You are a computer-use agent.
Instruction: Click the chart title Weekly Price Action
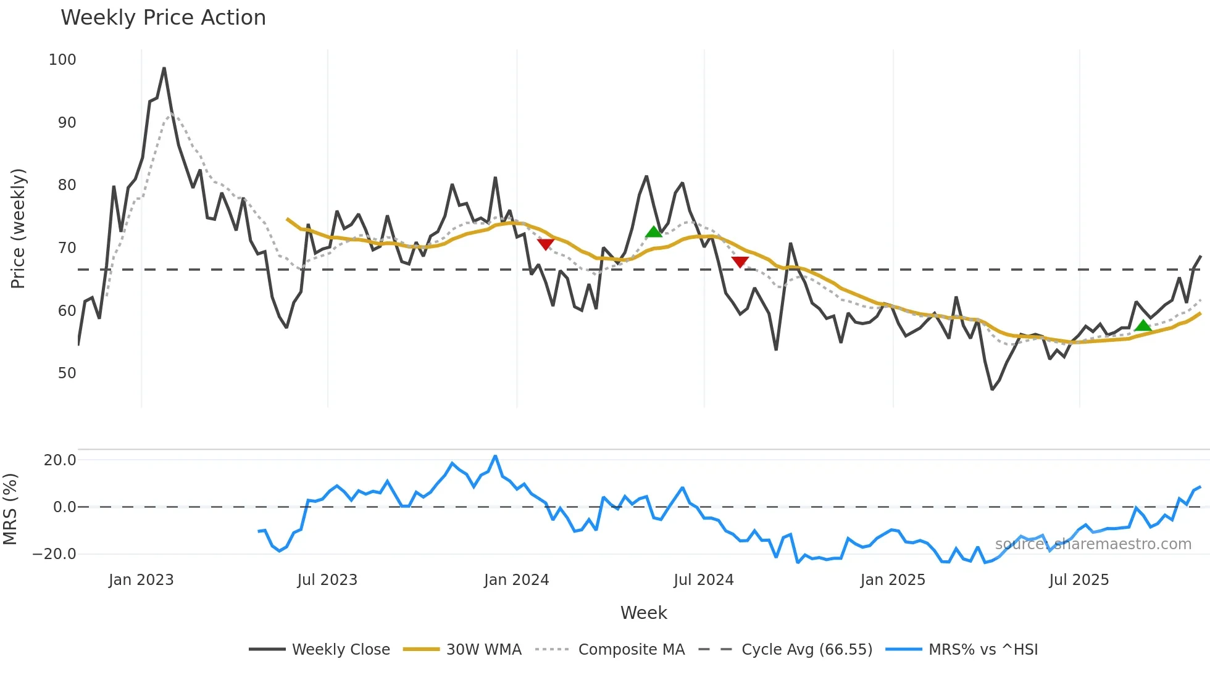[163, 18]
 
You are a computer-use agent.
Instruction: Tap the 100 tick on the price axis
[62, 60]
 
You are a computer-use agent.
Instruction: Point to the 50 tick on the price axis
[67, 373]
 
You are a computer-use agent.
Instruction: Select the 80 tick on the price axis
[67, 185]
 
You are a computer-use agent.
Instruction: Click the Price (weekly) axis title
[18, 228]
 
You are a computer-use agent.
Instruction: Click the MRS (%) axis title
[10, 509]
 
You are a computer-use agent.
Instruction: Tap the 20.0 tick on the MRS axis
[60, 460]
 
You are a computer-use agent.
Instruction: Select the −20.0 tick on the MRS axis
[54, 554]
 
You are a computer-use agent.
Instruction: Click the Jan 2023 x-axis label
[141, 580]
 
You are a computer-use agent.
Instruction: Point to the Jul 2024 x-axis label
[703, 580]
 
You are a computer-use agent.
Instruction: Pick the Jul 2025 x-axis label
[1079, 580]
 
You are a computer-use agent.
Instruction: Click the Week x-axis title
[643, 613]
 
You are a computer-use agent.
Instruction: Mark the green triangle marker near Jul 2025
[1143, 326]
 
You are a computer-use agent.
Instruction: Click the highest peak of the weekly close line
[164, 68]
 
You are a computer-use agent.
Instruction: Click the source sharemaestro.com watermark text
[1093, 544]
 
